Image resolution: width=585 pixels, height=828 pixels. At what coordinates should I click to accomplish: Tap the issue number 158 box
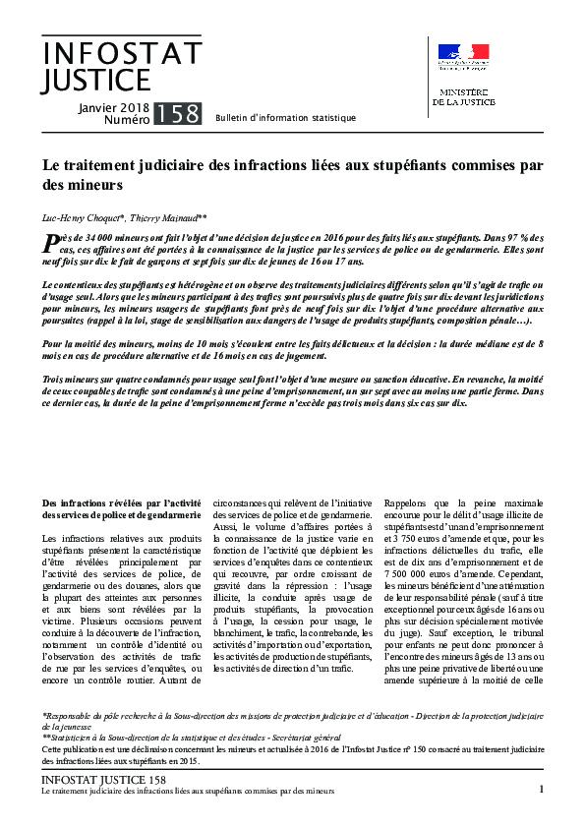click(178, 113)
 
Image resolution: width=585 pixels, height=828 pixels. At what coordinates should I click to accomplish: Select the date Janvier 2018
click(112, 106)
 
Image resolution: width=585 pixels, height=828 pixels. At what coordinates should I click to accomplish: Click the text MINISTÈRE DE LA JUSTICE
click(464, 95)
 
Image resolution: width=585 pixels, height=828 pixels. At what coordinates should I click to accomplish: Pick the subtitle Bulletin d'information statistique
click(285, 118)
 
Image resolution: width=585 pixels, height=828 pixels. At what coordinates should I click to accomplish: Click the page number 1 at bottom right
click(542, 789)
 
